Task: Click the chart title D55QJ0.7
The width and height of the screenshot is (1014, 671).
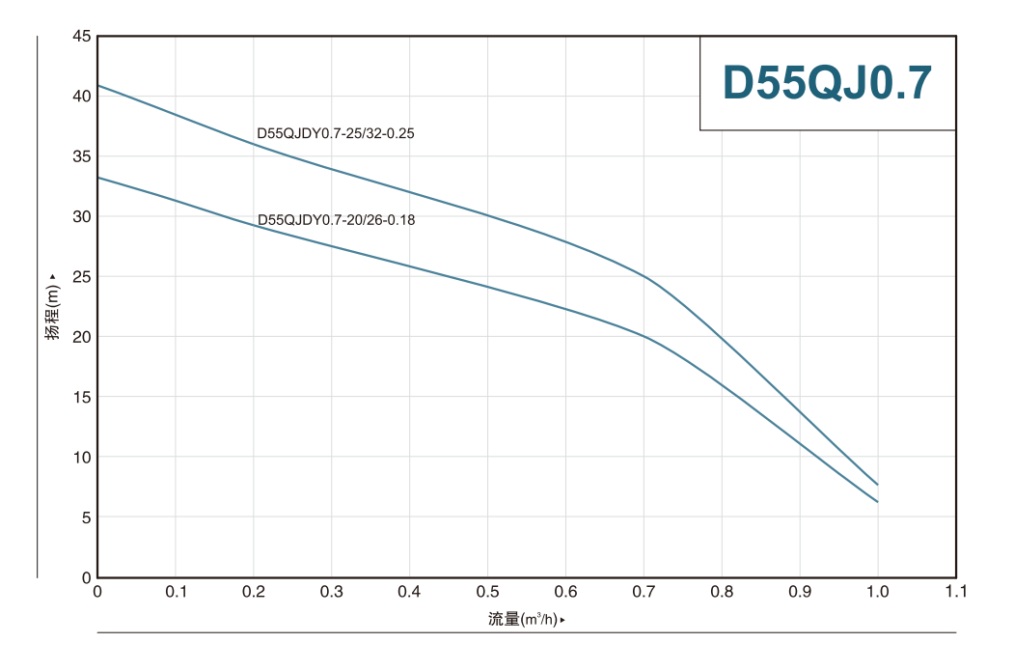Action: tap(827, 83)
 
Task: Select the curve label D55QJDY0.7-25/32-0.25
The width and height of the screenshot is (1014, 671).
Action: tap(335, 133)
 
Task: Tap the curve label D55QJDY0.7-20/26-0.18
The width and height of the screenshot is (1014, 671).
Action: tap(336, 220)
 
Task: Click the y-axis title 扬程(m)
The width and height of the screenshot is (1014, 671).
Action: tap(53, 306)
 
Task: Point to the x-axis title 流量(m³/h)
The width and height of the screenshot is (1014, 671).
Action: tap(524, 619)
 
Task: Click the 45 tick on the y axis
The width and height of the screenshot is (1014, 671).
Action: tap(81, 37)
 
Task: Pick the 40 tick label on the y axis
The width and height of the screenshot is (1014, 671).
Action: tap(81, 97)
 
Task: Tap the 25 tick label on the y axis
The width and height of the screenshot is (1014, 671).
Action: tap(81, 277)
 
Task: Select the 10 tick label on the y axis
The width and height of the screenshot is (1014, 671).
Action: tap(81, 457)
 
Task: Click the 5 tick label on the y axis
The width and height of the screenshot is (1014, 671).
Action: tap(85, 517)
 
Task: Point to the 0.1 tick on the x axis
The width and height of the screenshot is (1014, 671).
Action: tap(176, 591)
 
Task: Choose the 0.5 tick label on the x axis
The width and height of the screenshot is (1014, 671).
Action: tap(487, 591)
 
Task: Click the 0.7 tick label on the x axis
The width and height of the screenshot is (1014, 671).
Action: tap(644, 591)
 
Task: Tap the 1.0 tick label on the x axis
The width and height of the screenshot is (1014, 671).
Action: tap(878, 591)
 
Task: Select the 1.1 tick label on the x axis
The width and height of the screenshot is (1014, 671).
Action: tap(955, 591)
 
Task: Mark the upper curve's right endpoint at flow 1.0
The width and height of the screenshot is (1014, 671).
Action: tap(878, 485)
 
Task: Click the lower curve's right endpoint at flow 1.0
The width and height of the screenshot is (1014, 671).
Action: tap(878, 502)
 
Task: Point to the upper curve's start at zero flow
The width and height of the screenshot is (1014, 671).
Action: tap(98, 85)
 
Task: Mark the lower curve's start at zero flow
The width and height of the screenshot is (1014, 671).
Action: tap(98, 177)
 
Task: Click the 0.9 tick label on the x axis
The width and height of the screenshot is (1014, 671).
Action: tap(800, 591)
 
